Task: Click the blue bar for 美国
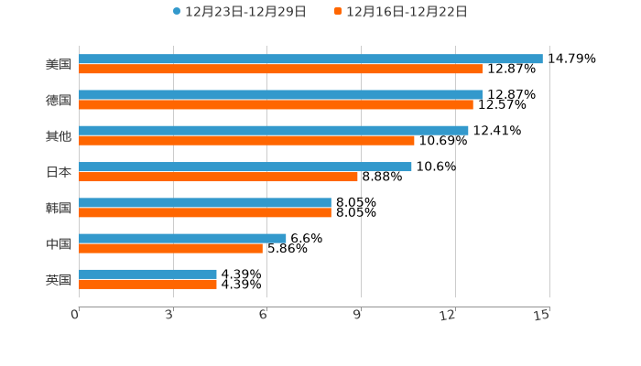[x=310, y=59]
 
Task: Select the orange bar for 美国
[x=281, y=69]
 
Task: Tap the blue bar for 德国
[x=281, y=94]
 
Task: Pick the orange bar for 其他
[x=246, y=140]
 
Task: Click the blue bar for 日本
[x=245, y=167]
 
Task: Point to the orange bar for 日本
[x=218, y=177]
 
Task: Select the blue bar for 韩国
[x=205, y=202]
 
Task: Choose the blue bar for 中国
[x=182, y=238]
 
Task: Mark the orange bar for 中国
[x=170, y=248]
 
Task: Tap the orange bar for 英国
[x=147, y=285]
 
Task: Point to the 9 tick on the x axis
[x=358, y=315]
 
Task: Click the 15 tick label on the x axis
[x=542, y=315]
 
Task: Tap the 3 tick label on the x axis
[x=169, y=315]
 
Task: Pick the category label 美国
[x=59, y=64]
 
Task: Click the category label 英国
[x=59, y=279]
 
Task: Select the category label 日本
[x=59, y=172]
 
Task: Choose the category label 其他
[x=59, y=135]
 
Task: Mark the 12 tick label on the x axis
[x=448, y=315]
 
